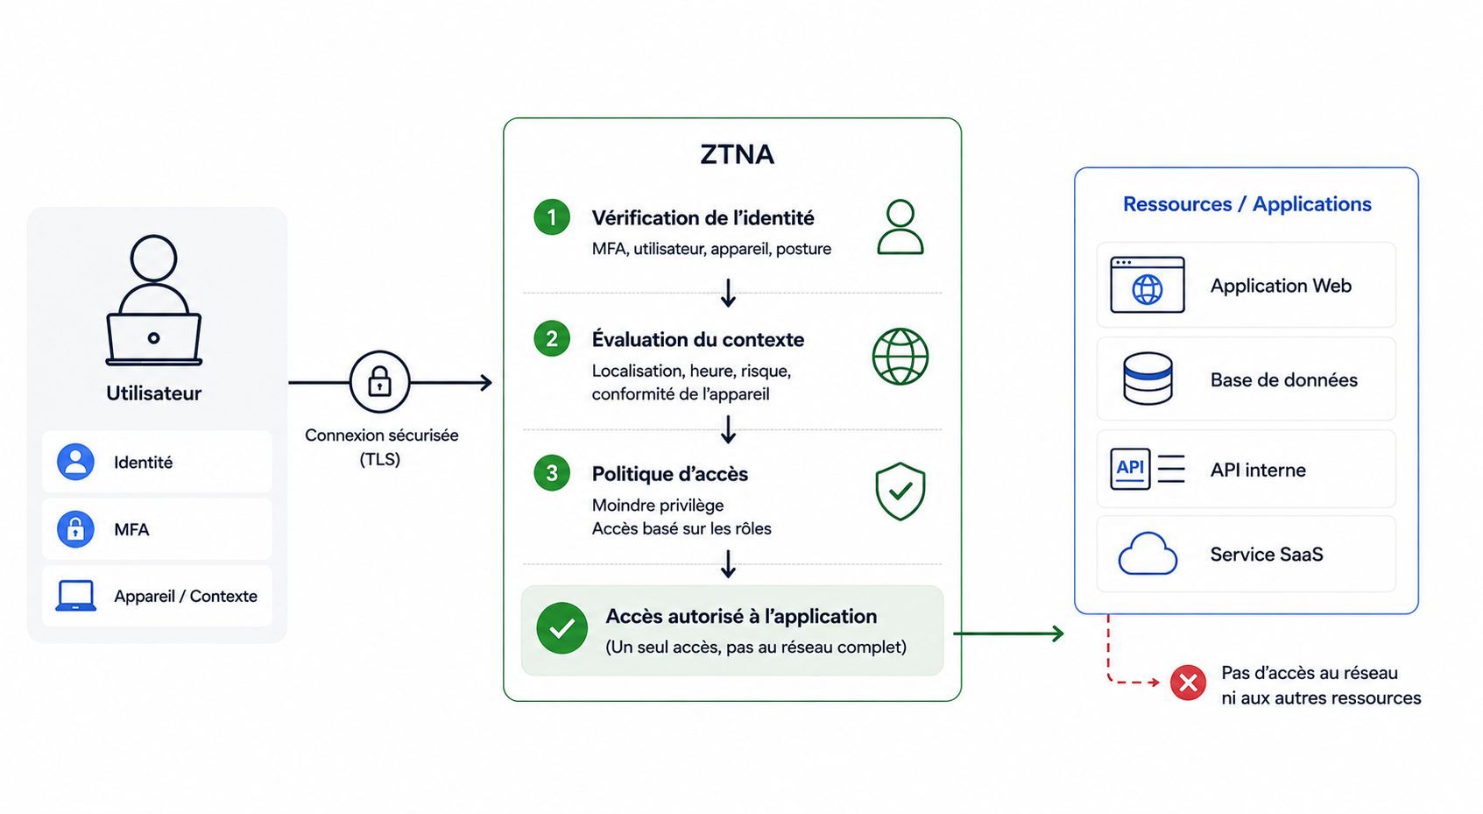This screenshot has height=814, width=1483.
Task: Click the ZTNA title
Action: (737, 154)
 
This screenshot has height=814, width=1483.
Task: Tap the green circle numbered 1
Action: (552, 216)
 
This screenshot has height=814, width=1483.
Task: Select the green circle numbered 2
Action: (552, 338)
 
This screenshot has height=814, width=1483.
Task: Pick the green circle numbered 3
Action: (552, 473)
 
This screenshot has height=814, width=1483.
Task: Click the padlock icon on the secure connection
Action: (379, 382)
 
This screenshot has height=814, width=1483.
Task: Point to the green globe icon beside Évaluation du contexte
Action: (900, 357)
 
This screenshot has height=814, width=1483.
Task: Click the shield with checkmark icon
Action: (900, 492)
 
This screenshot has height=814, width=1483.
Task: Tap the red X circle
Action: (1188, 683)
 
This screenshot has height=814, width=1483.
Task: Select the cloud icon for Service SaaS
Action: (1148, 554)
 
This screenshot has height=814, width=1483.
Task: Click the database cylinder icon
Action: (1148, 379)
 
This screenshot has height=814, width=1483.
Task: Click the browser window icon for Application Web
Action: (1147, 285)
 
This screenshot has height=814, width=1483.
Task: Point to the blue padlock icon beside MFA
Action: (75, 529)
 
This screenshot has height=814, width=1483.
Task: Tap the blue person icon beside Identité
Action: (75, 462)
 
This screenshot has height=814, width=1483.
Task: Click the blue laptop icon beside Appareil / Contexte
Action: (75, 596)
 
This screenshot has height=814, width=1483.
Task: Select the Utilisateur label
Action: (153, 393)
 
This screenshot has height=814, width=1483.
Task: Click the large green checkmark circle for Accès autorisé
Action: (561, 628)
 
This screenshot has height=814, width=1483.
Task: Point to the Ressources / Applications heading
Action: (1246, 204)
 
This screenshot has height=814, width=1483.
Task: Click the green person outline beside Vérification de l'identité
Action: (900, 227)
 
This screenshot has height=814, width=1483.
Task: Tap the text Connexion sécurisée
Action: (381, 435)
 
